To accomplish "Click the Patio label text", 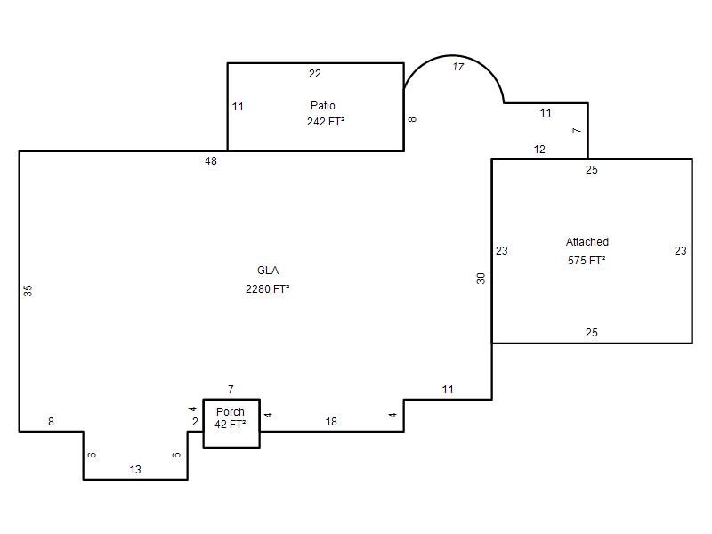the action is [x=323, y=105].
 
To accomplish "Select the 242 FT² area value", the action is [x=326, y=122].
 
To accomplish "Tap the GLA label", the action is [x=268, y=271].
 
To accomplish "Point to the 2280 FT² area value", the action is [x=268, y=288].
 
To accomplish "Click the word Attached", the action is [x=587, y=241].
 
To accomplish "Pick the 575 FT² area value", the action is [x=587, y=260].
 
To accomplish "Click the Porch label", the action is [x=231, y=411].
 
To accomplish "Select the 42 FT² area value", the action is [x=231, y=425].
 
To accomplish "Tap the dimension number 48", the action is [x=211, y=161].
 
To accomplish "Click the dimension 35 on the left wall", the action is [x=28, y=291].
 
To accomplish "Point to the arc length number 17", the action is [x=458, y=67].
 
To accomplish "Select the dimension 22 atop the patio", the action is [x=315, y=74].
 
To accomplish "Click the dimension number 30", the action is [x=481, y=279].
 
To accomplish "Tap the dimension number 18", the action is [x=331, y=422].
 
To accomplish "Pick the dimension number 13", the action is [x=135, y=470].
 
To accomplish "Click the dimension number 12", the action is [x=539, y=150].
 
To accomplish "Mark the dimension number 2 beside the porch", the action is [x=195, y=422].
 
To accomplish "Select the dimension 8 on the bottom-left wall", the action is [x=52, y=422].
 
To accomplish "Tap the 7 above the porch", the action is [x=231, y=390].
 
